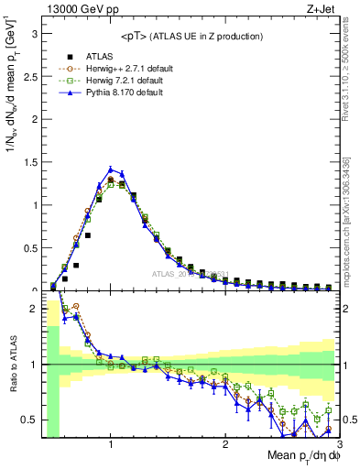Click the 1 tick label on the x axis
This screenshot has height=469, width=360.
click(110, 444)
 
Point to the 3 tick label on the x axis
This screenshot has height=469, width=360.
click(338, 444)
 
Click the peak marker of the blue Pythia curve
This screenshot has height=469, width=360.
click(111, 169)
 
